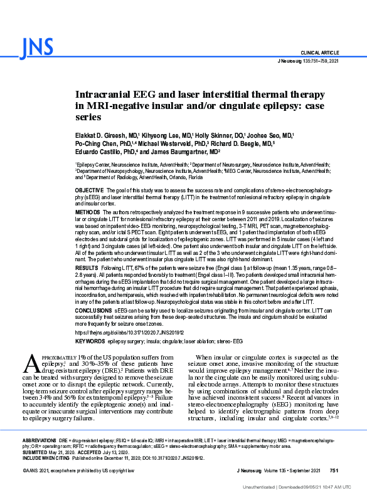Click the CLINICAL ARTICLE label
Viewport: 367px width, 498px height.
tap(320, 53)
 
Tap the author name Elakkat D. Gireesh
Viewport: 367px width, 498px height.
tap(102, 135)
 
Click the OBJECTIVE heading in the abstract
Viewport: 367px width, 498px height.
tap(90, 189)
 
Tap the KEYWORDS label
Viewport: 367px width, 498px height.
tap(90, 341)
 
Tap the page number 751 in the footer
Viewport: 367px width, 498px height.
tap(334, 470)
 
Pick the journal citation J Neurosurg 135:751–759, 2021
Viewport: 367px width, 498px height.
tap(308, 61)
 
